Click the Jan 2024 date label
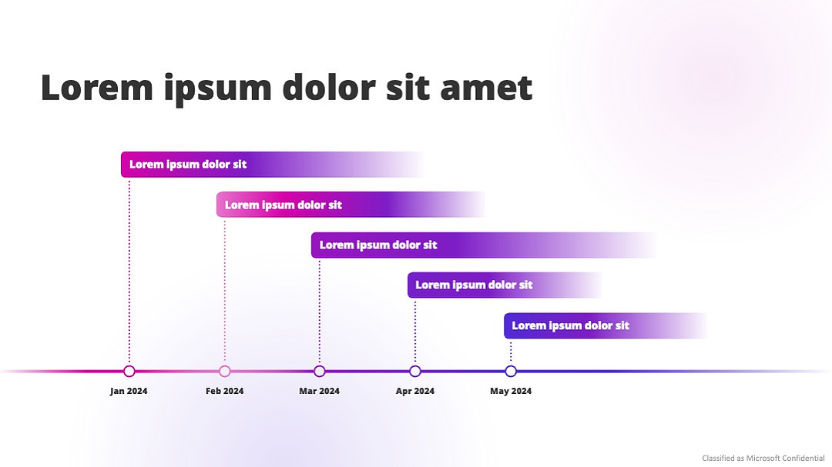pos(129,391)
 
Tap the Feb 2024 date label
pos(224,391)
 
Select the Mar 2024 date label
pos(319,391)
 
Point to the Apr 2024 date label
pos(415,391)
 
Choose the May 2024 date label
pos(511,391)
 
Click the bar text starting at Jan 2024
pos(188,165)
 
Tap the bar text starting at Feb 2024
pos(283,205)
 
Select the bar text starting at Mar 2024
pos(377,245)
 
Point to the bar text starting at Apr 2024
pos(474,285)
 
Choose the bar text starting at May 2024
pos(570,325)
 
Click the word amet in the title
pos(486,88)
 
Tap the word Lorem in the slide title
pos(96,88)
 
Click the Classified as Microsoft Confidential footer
pos(763,458)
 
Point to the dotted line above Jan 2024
pos(129,272)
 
